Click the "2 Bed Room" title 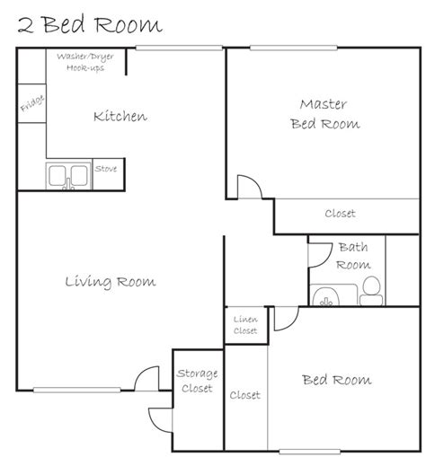90,25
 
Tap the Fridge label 32,103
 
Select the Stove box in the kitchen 108,174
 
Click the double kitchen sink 68,176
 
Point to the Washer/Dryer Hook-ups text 85,62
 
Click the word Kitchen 120,116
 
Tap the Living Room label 111,282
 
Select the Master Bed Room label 324,114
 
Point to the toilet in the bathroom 371,291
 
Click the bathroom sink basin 325,297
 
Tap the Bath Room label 353,256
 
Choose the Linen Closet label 245,325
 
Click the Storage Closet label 197,381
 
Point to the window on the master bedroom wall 294,48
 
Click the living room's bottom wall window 77,390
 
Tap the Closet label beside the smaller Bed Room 245,395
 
